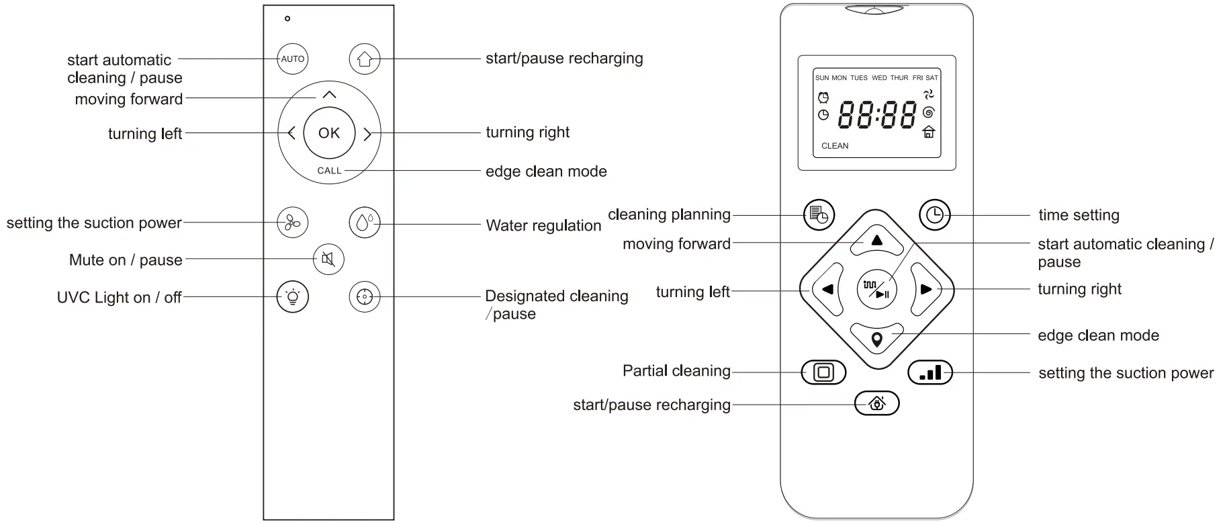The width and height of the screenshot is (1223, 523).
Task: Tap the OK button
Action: [x=329, y=133]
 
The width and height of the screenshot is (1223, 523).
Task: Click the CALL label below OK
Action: [x=329, y=171]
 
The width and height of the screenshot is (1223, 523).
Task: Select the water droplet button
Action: [x=365, y=222]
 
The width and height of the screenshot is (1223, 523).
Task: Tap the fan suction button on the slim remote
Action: [x=293, y=222]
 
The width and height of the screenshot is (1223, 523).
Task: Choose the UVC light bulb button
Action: [x=293, y=296]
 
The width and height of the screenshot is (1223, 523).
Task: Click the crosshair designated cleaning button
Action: [x=365, y=296]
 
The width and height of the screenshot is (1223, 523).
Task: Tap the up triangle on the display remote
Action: [x=876, y=241]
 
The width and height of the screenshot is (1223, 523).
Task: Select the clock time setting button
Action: [x=934, y=215]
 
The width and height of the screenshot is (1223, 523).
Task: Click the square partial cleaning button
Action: [x=823, y=372]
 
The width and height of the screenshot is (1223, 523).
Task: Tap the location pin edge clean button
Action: [x=876, y=339]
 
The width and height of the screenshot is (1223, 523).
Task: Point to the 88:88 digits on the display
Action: [x=876, y=116]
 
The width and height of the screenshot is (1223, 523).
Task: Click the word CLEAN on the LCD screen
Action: [x=835, y=146]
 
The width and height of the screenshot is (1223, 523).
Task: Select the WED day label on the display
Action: [x=879, y=78]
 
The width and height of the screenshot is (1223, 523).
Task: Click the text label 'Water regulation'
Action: [x=543, y=226]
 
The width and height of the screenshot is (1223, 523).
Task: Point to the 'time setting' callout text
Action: [x=1079, y=215]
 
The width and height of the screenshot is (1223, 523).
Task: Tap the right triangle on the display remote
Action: [x=926, y=290]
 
